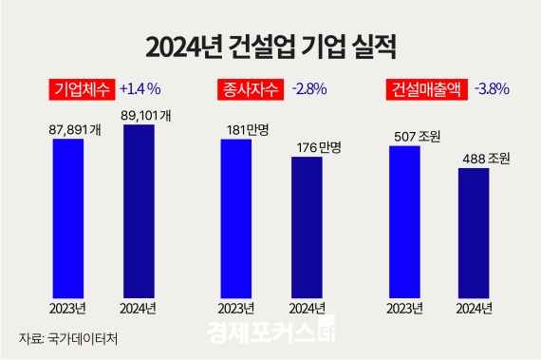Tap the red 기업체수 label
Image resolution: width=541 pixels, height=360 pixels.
(81, 89)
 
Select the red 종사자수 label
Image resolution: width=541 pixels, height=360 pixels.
(244, 89)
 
